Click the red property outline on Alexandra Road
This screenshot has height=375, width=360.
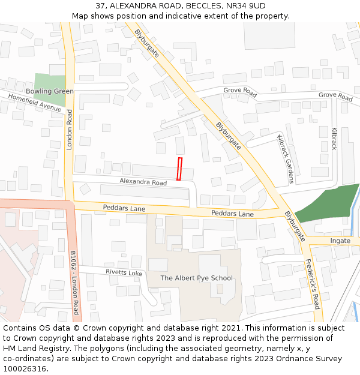[x=179, y=169]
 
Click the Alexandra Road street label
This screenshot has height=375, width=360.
[x=143, y=182]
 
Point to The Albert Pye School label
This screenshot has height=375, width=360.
[x=197, y=278]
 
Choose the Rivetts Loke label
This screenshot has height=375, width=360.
[x=124, y=273]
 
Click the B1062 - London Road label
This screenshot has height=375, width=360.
[x=74, y=282]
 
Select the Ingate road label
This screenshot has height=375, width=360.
[x=340, y=241]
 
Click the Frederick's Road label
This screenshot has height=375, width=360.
[x=312, y=283]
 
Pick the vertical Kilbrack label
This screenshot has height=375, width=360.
[x=334, y=139]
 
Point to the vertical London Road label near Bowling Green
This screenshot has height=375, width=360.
[x=70, y=130]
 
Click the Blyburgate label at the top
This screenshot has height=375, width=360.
[x=147, y=43]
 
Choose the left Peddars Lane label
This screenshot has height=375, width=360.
[x=124, y=208]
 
